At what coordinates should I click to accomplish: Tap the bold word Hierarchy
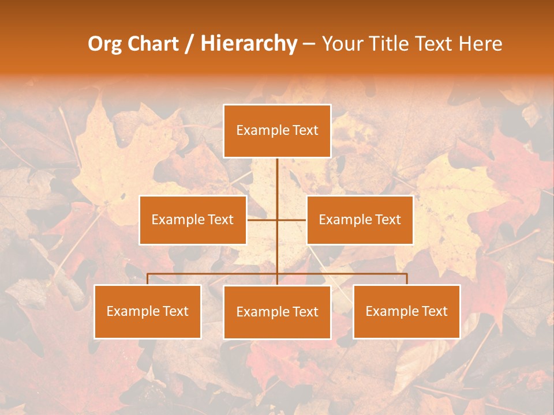tap(249, 44)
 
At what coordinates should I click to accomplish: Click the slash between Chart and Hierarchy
tap(189, 44)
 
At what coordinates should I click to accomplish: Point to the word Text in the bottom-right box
tap(434, 311)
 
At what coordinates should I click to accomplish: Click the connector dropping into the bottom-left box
tap(148, 279)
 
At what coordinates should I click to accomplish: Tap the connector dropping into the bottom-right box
tap(407, 279)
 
